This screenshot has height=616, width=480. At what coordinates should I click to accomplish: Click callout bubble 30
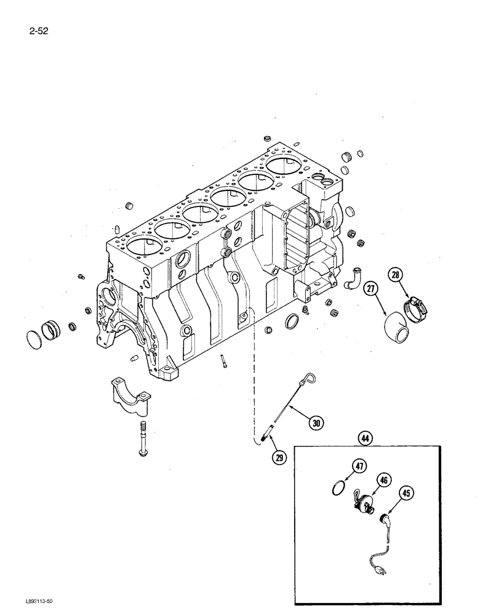(316, 423)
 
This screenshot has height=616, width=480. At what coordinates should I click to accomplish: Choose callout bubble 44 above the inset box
(367, 439)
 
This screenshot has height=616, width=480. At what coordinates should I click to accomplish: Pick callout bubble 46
(384, 478)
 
